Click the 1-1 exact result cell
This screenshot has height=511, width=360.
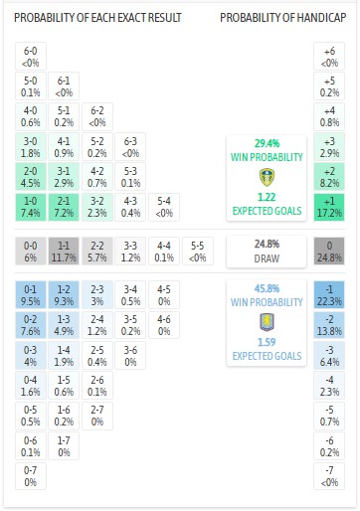click(x=64, y=251)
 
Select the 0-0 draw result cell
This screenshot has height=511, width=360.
click(x=31, y=251)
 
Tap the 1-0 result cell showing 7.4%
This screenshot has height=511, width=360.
click(x=31, y=208)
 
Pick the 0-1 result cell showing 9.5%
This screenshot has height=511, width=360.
click(x=31, y=294)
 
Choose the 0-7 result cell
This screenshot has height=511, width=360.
click(x=31, y=475)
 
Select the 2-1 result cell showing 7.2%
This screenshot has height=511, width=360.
click(x=64, y=208)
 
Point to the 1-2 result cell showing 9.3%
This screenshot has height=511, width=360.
click(x=64, y=294)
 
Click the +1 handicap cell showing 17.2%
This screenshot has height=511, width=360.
click(x=329, y=208)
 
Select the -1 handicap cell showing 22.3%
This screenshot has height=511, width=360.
click(x=329, y=294)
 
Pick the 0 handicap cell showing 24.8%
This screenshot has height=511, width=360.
click(x=329, y=251)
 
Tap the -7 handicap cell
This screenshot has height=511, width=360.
click(x=329, y=475)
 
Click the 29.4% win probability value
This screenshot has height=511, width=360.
click(x=266, y=143)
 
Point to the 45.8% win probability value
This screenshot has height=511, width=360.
click(x=266, y=288)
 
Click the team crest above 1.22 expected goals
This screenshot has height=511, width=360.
click(x=266, y=178)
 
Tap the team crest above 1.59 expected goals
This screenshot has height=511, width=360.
click(x=266, y=323)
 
